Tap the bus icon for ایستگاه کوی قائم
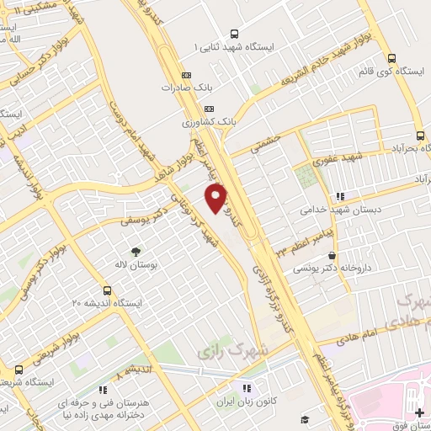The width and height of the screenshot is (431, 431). (391, 58)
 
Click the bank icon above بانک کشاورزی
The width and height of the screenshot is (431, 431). (210, 108)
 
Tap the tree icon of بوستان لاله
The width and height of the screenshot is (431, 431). (136, 251)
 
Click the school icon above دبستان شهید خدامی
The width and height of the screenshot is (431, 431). (339, 196)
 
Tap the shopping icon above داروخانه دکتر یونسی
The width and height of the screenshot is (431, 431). (334, 255)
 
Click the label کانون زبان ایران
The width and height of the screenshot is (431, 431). (247, 402)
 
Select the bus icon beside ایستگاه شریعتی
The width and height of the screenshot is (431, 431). (19, 369)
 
